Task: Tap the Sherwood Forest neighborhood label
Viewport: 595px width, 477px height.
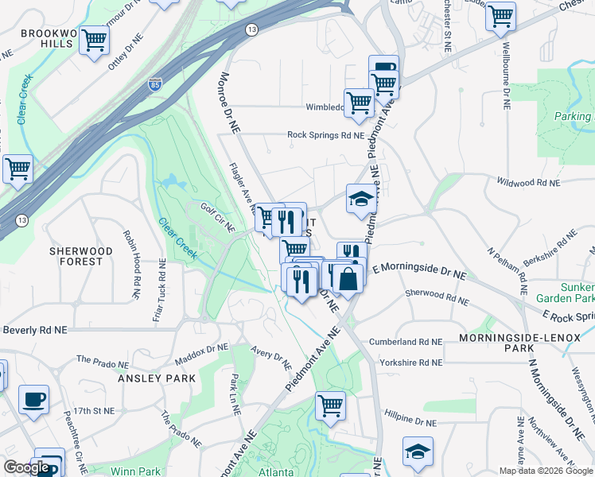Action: coord(76,255)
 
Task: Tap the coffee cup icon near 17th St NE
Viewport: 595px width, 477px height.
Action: coord(33,400)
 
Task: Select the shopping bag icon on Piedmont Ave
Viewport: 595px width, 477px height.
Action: coord(348,278)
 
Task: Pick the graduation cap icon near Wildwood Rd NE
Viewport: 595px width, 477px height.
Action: coord(362,199)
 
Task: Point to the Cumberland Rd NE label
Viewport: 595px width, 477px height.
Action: coord(405,342)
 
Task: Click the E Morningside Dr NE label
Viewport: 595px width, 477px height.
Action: coord(418,269)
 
